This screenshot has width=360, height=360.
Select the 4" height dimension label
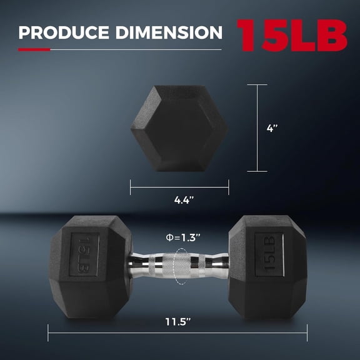coord(272,128)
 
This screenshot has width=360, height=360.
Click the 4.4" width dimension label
coord(179,200)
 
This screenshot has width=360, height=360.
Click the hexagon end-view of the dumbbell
coord(179,128)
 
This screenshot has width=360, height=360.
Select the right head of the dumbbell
coord(267,267)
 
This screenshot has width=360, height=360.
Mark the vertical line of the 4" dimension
coord(256,128)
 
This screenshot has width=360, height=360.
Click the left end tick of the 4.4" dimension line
coord(130,187)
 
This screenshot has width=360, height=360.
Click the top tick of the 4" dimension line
coord(256,86)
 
